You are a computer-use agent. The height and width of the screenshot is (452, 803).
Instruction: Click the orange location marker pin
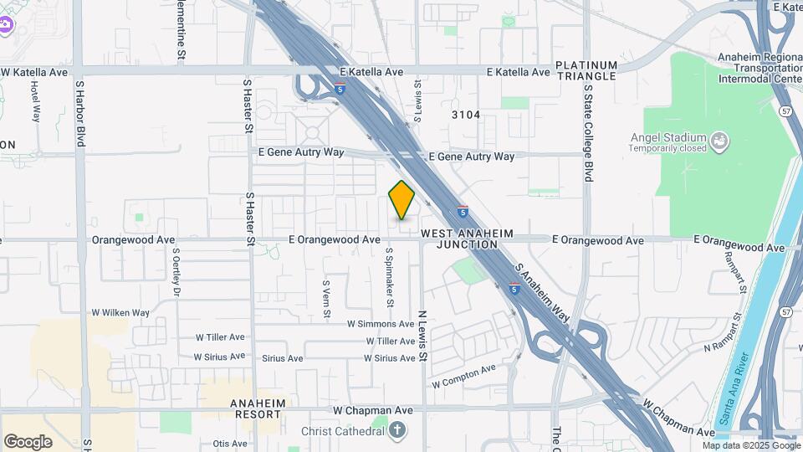point(401,200)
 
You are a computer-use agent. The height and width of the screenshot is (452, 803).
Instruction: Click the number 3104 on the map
point(466,115)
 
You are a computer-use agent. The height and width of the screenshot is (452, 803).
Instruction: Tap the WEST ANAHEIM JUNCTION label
point(466,239)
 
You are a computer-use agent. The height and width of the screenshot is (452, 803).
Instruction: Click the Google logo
point(28,442)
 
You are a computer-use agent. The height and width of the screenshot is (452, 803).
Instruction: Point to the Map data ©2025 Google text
point(750,445)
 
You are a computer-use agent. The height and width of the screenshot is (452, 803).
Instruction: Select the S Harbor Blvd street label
point(80,113)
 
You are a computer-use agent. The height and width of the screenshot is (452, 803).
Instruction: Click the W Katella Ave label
point(34,72)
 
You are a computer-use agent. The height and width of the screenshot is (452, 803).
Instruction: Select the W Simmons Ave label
point(381,324)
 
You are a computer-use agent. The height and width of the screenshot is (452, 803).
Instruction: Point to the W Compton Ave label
point(464,375)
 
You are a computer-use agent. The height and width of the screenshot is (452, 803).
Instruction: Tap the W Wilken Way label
point(120,313)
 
